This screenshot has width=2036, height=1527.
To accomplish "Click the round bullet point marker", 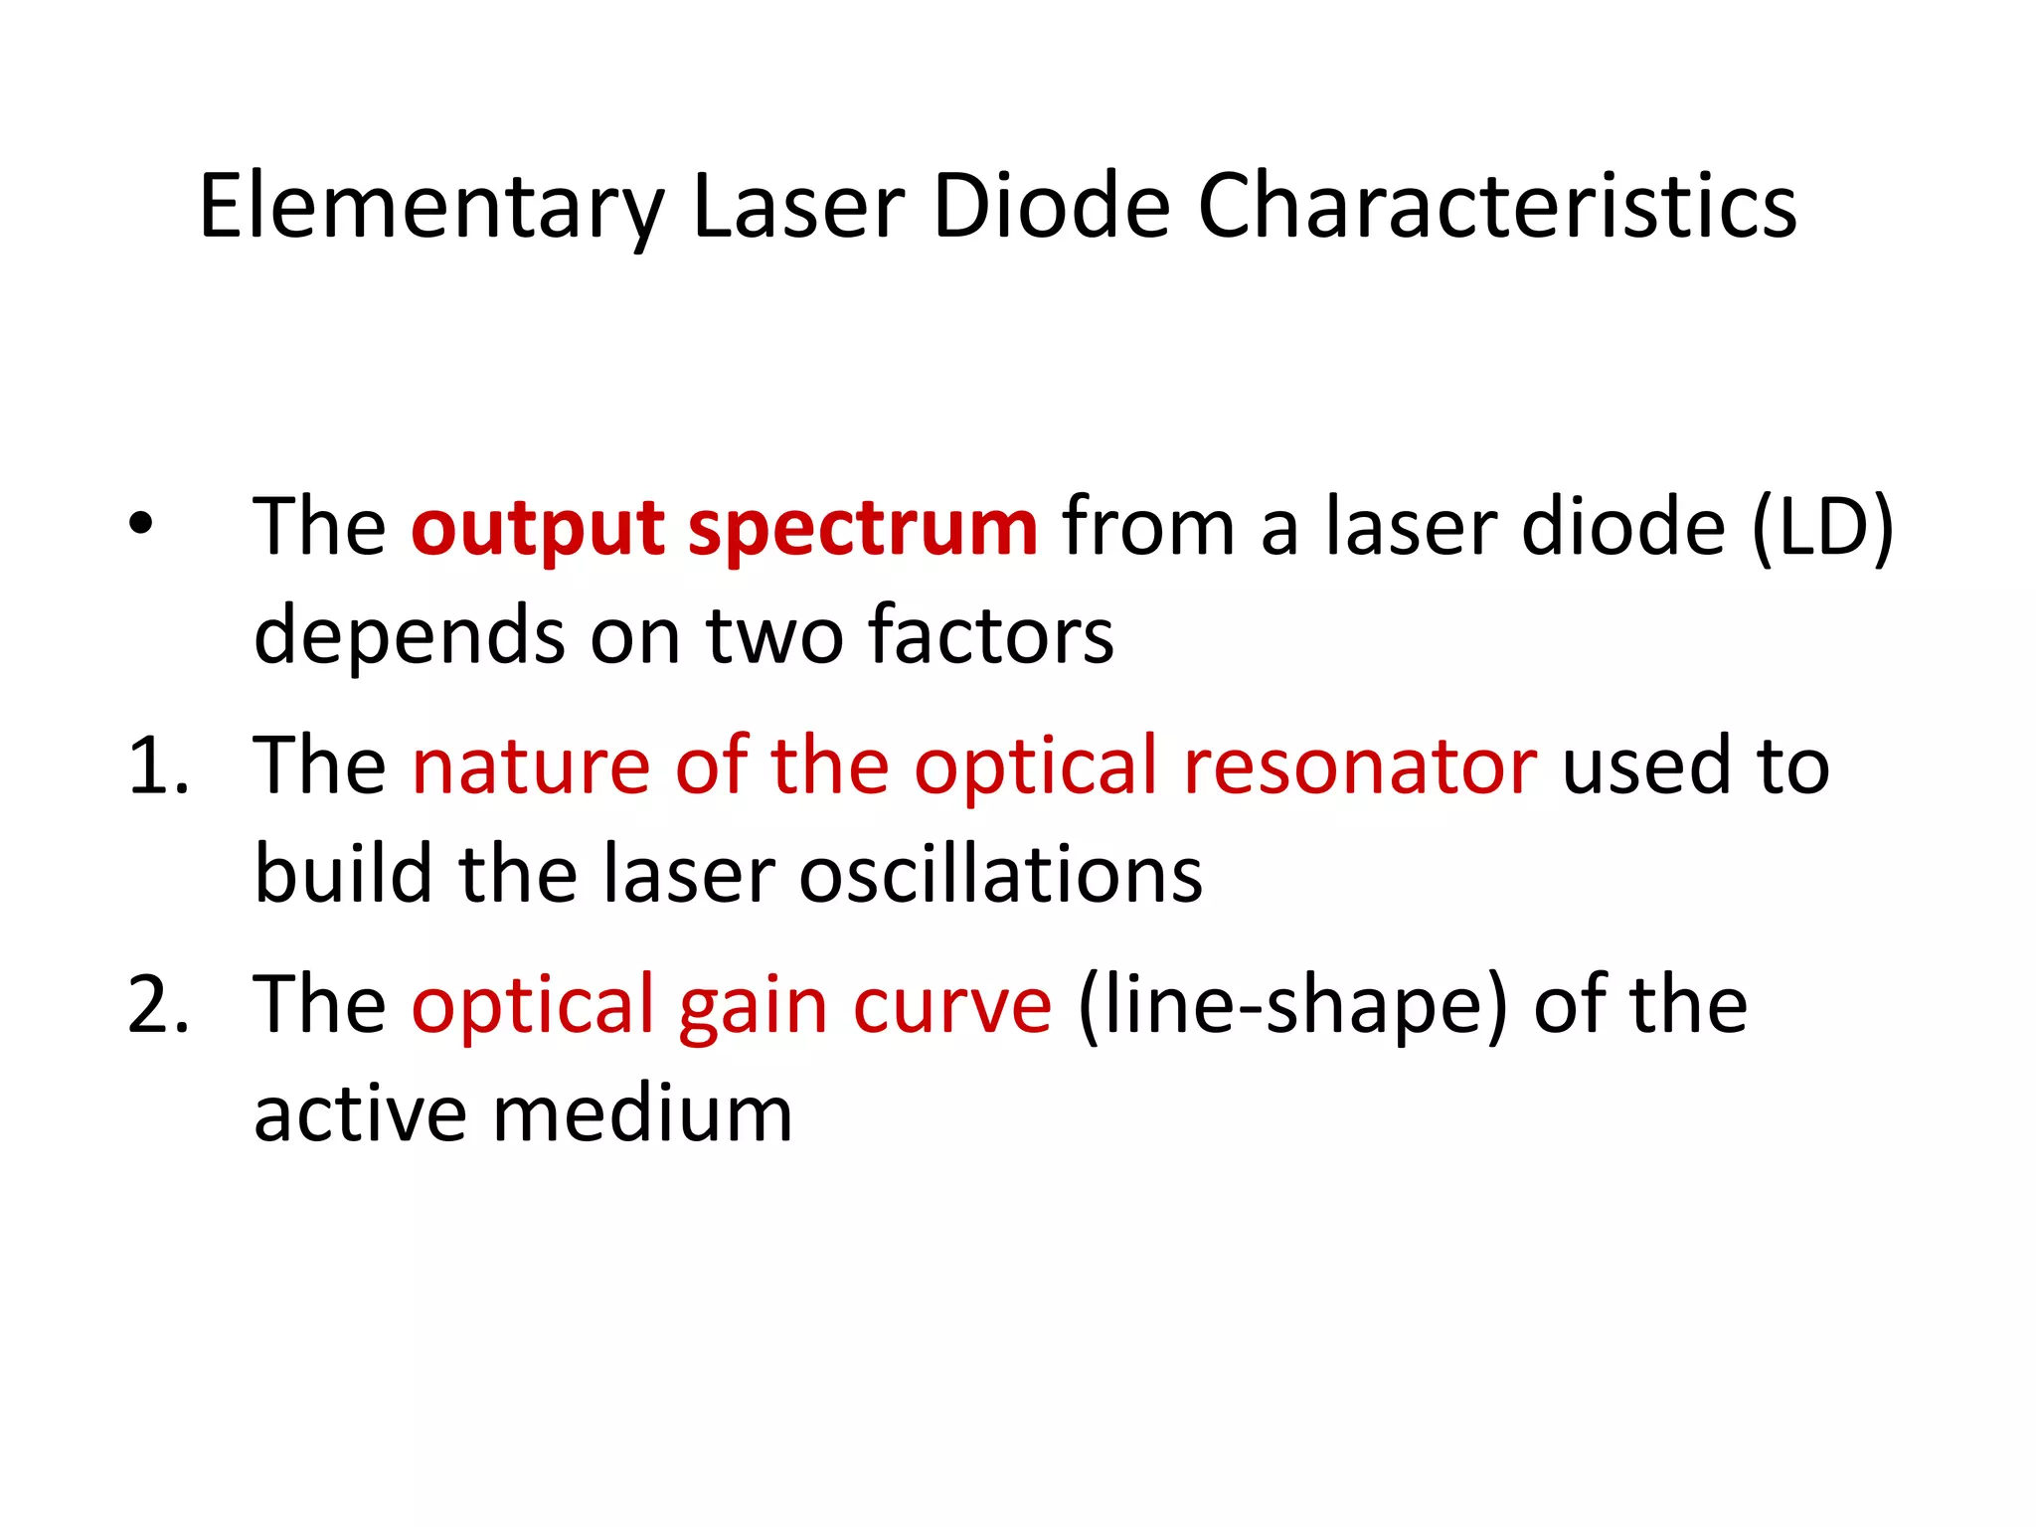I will tap(141, 523).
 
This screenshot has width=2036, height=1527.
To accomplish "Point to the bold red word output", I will tap(537, 528).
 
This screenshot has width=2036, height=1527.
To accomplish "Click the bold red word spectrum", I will tap(863, 530).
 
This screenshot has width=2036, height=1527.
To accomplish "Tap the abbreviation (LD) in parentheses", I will tap(1822, 528).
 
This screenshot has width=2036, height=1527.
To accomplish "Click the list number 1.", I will tap(157, 765).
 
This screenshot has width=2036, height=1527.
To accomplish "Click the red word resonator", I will tap(1360, 765).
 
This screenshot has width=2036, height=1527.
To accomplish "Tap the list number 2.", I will tap(157, 1004).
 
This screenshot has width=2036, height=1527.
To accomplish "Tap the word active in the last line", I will tap(360, 1113).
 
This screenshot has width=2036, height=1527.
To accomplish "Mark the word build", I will tap(344, 874).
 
